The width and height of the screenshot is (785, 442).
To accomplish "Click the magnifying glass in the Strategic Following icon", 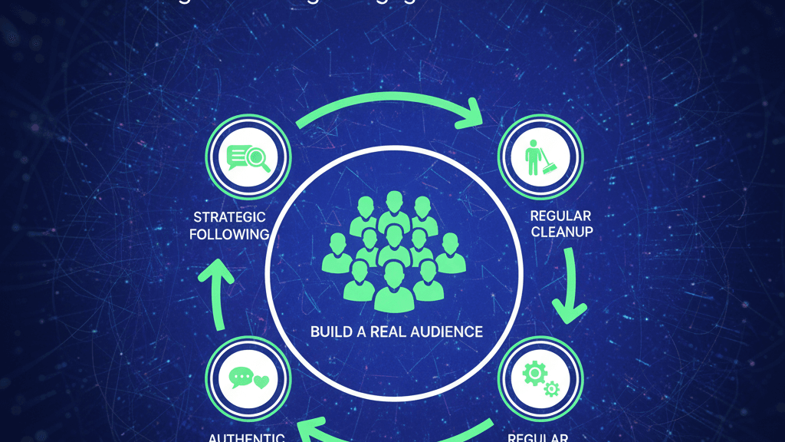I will [x=258, y=159].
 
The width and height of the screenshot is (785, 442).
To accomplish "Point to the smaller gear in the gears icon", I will [x=551, y=390].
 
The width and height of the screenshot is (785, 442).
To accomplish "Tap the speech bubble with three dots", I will [x=241, y=378].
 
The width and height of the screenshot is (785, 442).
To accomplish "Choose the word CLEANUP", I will [x=561, y=232].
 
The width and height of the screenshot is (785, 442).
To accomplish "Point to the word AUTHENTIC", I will [x=247, y=437].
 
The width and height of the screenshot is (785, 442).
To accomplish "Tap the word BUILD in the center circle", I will [x=329, y=332].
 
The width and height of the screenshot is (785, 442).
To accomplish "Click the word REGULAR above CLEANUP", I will [x=561, y=216].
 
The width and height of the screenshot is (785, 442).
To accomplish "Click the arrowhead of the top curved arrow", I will [x=468, y=114].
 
